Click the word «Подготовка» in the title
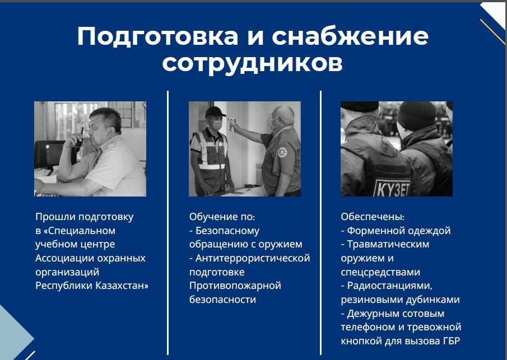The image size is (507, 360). (x=157, y=37)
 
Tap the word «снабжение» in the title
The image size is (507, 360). (x=350, y=36)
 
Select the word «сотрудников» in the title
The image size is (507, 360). (x=252, y=63)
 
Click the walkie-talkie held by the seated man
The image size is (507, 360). (x=79, y=139)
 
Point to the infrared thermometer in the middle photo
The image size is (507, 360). (x=231, y=124)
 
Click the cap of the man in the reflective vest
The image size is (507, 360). (x=215, y=112)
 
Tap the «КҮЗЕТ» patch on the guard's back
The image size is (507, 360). (x=392, y=189)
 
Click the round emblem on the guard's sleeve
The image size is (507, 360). (x=282, y=152)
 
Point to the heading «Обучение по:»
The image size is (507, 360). (x=222, y=217)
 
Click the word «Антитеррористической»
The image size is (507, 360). (x=253, y=258)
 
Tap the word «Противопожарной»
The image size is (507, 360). (x=235, y=286)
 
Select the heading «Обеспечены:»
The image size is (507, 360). (x=373, y=217)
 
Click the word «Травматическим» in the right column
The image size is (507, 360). (x=388, y=244)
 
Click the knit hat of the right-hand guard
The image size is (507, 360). (x=417, y=115)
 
